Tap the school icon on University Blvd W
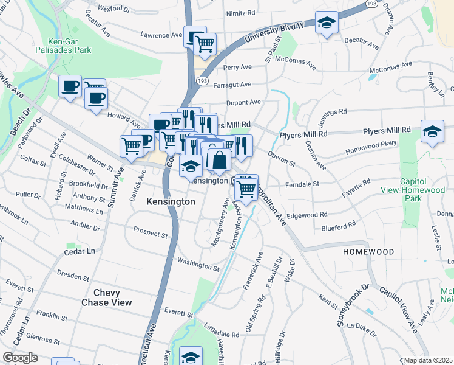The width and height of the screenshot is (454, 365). pos(327,24)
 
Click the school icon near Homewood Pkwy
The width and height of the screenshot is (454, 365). pos(432,131)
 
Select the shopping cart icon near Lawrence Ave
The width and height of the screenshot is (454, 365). pos(205,44)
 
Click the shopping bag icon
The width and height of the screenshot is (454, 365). pos(219,161)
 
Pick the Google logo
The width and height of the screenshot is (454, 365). pos(20,358)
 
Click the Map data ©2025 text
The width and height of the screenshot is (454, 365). pos(429,360)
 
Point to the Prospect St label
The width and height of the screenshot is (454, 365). pos(150,233)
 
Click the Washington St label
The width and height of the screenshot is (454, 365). pos(198,265)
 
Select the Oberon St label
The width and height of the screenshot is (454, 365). pos(281,159)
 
